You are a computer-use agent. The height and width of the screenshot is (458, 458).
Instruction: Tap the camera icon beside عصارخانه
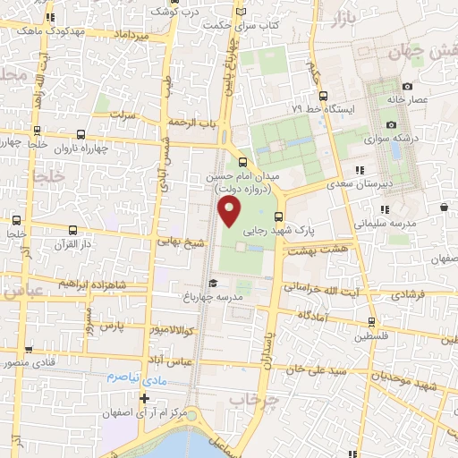pos(406,87)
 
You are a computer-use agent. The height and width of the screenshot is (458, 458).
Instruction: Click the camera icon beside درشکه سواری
pos(391,125)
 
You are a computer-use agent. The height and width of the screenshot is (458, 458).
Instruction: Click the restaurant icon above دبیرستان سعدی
pos(359,169)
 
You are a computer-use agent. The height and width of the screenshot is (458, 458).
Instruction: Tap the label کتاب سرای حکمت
pos(275,26)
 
